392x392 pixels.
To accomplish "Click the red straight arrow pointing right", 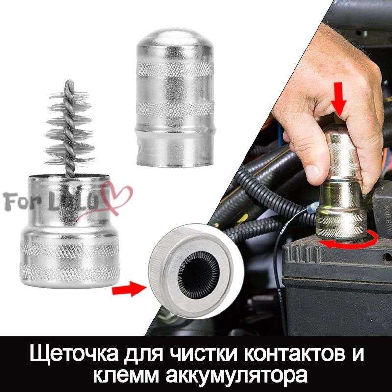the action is point(129,289).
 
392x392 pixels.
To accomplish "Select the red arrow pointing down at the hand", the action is point(339,98).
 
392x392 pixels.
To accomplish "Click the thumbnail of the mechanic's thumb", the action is point(314,173).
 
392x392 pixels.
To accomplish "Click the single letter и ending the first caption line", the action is point(358,354).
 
